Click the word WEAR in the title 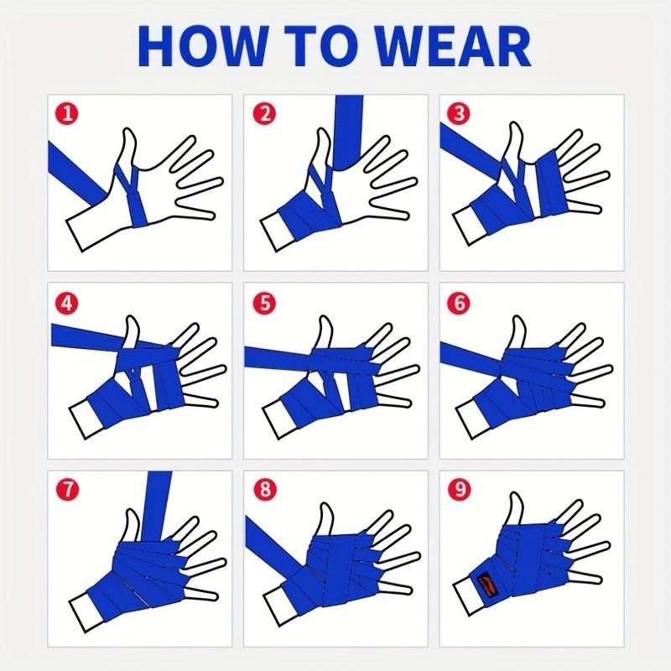coord(453,45)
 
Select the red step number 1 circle coord(67,114)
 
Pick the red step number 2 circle coord(264,114)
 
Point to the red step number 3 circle coord(459,114)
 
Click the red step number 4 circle coord(67,304)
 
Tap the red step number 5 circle coord(264,304)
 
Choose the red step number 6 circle coord(459,304)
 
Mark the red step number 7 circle coord(67,490)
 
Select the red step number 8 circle coord(264,490)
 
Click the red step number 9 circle coord(459,490)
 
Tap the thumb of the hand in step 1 coord(129,145)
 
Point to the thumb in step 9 coord(516,509)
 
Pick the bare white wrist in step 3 coord(469,225)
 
